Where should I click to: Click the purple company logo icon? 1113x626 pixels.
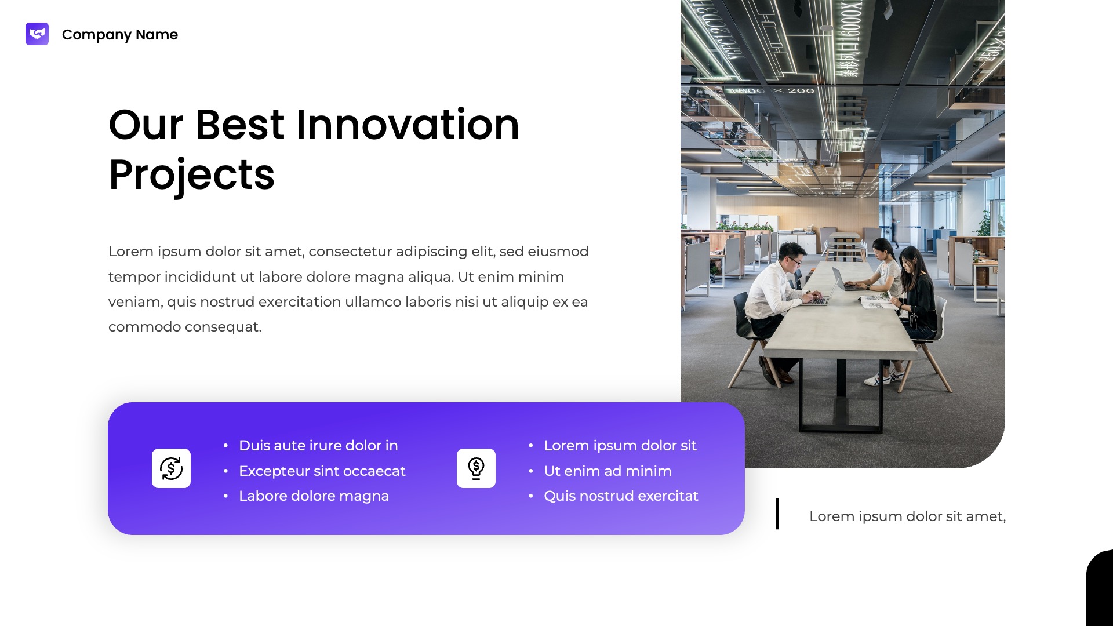coord(37,34)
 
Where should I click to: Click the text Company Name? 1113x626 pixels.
coord(119,35)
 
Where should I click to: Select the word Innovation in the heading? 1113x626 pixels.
coord(408,125)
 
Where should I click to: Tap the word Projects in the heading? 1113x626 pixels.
coord(191,174)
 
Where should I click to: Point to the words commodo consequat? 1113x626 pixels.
coord(185,327)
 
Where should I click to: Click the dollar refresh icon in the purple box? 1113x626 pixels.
coord(171,468)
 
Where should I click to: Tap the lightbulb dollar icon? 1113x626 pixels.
coord(476,468)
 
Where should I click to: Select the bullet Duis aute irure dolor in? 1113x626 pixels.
coord(318,446)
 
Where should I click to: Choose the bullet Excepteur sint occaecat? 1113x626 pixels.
coord(322,471)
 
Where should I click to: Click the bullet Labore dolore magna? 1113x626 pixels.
coord(314,496)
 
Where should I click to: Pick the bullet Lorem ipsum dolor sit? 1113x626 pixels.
coord(620,446)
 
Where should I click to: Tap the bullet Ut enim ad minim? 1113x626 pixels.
coord(608,471)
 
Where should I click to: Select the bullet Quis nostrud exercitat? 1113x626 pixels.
coord(621,496)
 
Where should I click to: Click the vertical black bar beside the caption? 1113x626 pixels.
coord(777,514)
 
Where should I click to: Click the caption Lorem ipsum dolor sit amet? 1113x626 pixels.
coord(907,516)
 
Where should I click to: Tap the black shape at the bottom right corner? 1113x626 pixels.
coord(1101,591)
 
